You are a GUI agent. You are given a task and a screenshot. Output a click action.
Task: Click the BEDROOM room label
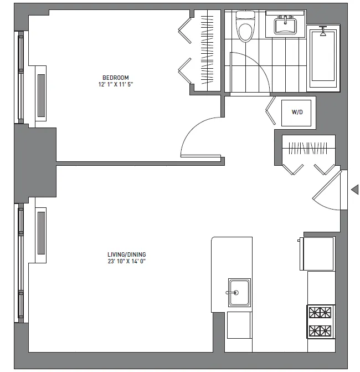pos(115,77)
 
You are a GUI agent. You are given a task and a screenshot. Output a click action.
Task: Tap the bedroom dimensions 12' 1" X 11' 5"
pos(115,84)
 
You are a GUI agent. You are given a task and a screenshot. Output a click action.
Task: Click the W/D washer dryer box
pos(297,112)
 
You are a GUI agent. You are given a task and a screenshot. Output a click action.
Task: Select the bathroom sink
pos(286,25)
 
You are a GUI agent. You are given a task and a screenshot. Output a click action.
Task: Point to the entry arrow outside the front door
pos(354,190)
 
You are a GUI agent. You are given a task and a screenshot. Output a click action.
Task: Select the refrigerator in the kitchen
pos(317,253)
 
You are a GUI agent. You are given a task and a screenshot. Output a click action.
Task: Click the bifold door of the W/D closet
pos(271,111)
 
